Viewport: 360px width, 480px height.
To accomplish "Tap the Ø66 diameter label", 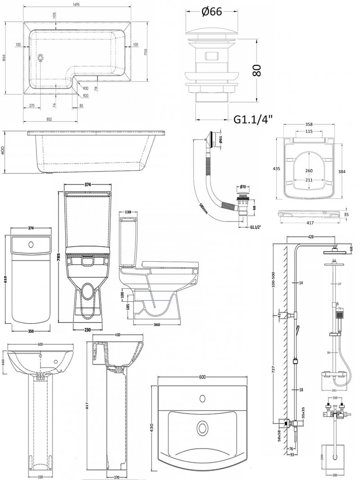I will point(209,12).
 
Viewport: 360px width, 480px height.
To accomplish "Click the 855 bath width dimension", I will point(5,57).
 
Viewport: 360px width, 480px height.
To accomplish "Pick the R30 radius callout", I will point(86,89).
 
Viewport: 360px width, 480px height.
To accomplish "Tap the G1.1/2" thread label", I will point(257,228).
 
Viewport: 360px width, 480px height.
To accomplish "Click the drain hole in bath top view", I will point(41,57).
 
